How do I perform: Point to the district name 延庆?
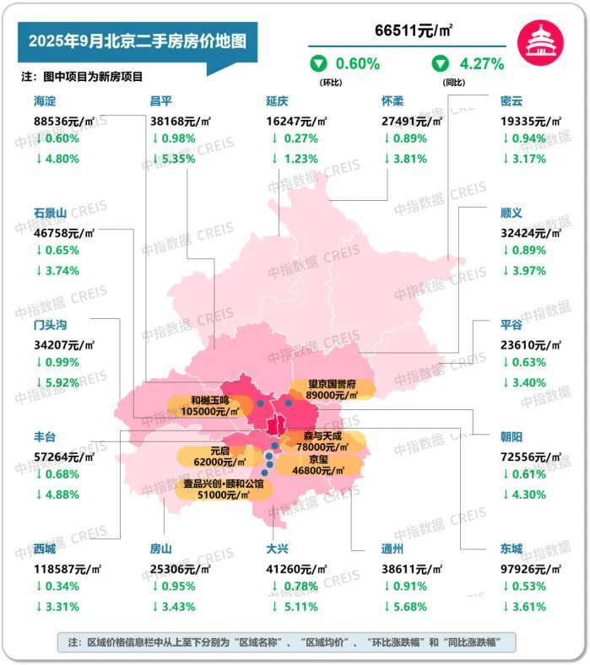coord(278,100)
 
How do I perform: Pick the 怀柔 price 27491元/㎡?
coord(414,120)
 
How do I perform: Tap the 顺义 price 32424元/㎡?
coord(531,231)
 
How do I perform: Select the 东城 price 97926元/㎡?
coord(531,568)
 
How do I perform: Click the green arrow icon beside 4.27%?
coord(440,63)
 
